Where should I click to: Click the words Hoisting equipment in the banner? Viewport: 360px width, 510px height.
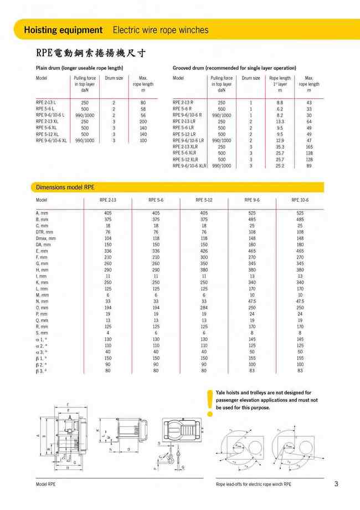point(63,30)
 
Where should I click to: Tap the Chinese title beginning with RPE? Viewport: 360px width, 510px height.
point(91,54)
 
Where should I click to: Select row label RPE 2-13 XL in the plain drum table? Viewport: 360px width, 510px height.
point(49,121)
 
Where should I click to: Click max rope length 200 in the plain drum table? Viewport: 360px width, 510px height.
point(143,121)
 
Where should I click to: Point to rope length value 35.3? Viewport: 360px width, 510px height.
point(280,147)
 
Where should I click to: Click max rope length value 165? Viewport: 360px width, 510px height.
point(309,147)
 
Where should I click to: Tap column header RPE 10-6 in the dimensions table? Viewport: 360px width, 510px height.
point(300,200)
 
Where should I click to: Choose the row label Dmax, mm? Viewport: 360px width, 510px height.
point(46,238)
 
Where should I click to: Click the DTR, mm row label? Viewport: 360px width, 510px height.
point(45,232)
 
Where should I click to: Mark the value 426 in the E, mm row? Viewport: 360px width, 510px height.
point(204,251)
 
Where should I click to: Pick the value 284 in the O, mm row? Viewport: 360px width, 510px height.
point(204,307)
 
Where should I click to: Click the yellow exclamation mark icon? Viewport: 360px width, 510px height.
point(209,402)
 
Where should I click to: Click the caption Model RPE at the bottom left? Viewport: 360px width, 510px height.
point(45,484)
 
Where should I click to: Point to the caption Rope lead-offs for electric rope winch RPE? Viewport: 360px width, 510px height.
point(253,484)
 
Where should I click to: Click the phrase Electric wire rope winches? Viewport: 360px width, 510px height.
point(161,30)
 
